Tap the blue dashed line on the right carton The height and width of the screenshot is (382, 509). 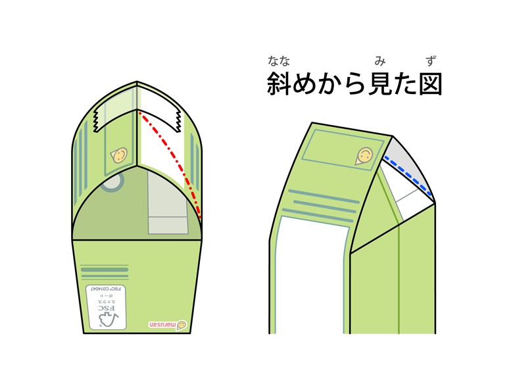coord(411,176)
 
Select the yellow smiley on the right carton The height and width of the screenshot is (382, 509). coord(365,156)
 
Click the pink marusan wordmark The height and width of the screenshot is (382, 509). coord(161,324)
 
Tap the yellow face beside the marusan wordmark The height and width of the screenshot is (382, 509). coord(182,324)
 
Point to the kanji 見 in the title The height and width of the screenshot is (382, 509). coord(381,84)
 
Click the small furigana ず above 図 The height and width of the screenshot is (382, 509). coord(431,62)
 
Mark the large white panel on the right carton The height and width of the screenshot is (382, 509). coord(309,276)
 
